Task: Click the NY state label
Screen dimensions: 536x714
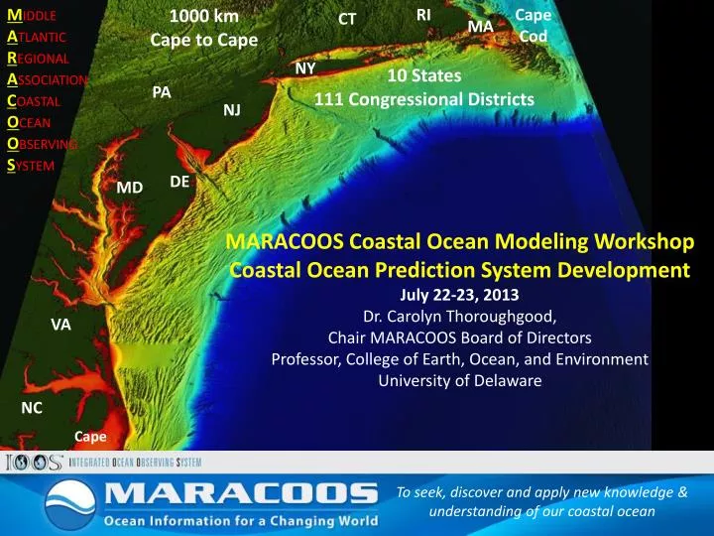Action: (x=305, y=67)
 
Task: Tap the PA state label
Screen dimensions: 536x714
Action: (x=162, y=92)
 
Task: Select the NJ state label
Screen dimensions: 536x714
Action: (x=232, y=109)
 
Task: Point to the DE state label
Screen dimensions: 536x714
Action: (x=179, y=182)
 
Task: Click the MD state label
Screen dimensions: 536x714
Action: (x=129, y=187)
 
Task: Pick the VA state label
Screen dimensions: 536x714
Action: (x=60, y=325)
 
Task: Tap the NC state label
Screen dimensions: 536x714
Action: (x=32, y=408)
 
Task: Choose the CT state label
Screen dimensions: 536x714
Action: (x=347, y=19)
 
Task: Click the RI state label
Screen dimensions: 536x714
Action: (x=423, y=14)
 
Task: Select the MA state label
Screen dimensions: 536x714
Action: (x=480, y=25)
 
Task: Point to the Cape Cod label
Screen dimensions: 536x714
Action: (x=534, y=26)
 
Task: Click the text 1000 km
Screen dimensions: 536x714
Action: (x=203, y=17)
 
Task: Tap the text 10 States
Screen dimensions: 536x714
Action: (x=424, y=75)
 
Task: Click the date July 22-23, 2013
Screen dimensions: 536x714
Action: (x=458, y=295)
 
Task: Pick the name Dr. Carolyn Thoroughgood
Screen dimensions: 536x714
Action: (x=458, y=317)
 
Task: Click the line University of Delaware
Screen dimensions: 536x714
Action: (x=458, y=381)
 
